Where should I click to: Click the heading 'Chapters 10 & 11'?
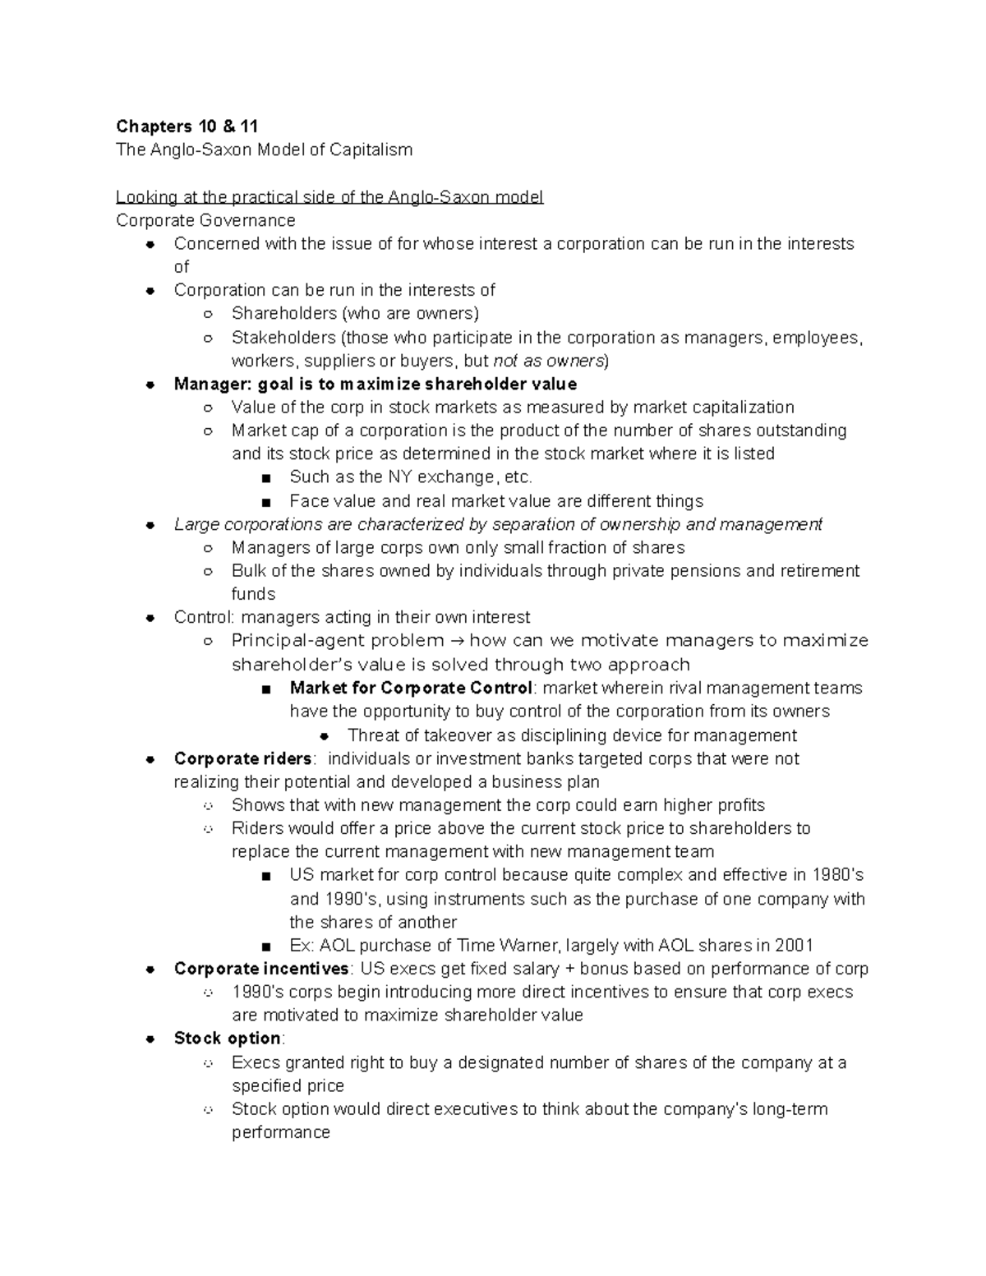pyautogui.click(x=187, y=126)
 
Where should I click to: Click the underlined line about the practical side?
pyautogui.click(x=329, y=197)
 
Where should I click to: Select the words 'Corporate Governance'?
pyautogui.click(x=205, y=220)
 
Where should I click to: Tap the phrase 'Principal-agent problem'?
pyautogui.click(x=337, y=641)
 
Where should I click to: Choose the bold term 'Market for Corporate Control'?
pyautogui.click(x=411, y=688)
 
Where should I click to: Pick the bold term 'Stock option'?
pyautogui.click(x=228, y=1039)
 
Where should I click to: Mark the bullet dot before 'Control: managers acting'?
pyautogui.click(x=150, y=618)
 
